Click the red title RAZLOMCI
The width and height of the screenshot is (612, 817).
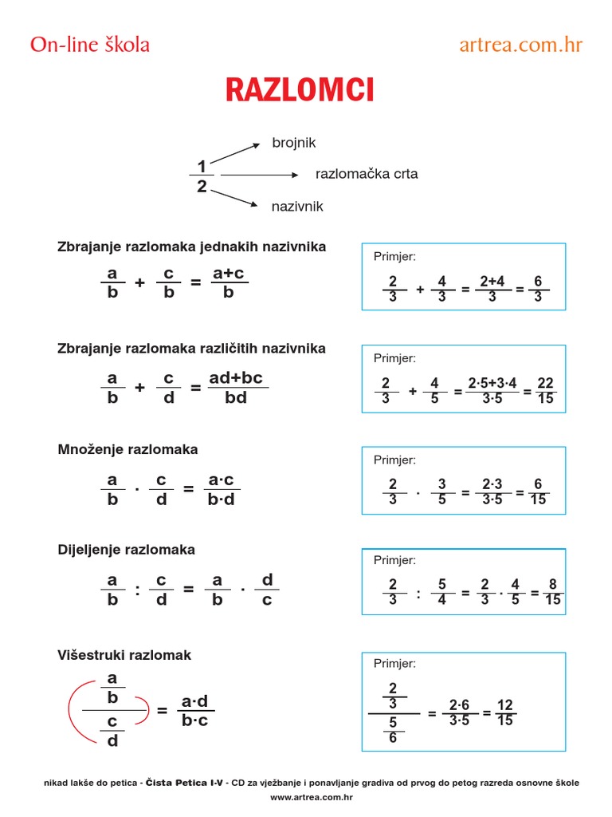coord(300,91)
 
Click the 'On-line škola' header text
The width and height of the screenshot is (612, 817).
coord(89,45)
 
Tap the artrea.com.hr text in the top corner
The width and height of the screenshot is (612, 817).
coord(521,45)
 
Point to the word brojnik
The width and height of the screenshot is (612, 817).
coord(294,143)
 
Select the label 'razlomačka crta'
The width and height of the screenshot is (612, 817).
coord(367,174)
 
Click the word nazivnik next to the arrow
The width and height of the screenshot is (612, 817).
coord(297,207)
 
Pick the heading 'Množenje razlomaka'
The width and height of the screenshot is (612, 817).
coord(127,450)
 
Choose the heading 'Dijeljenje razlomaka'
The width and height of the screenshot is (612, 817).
coord(126,551)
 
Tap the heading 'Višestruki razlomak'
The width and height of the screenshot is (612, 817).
coord(124,656)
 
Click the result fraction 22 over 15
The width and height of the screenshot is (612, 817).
coord(545,391)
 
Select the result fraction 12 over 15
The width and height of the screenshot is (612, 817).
coord(505,712)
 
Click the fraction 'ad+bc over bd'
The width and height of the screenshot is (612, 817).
coord(236,387)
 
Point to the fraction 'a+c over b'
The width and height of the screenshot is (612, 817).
coord(229,283)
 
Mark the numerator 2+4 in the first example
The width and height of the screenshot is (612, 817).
coord(492,281)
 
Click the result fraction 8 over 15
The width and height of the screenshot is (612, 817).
coord(553,592)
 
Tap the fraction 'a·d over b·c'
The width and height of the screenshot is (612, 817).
coord(194,711)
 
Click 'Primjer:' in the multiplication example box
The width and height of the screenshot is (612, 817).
coord(394,460)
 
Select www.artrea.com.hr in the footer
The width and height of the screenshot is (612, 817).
coord(312,797)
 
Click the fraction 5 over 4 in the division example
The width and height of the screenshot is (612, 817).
coord(441,592)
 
